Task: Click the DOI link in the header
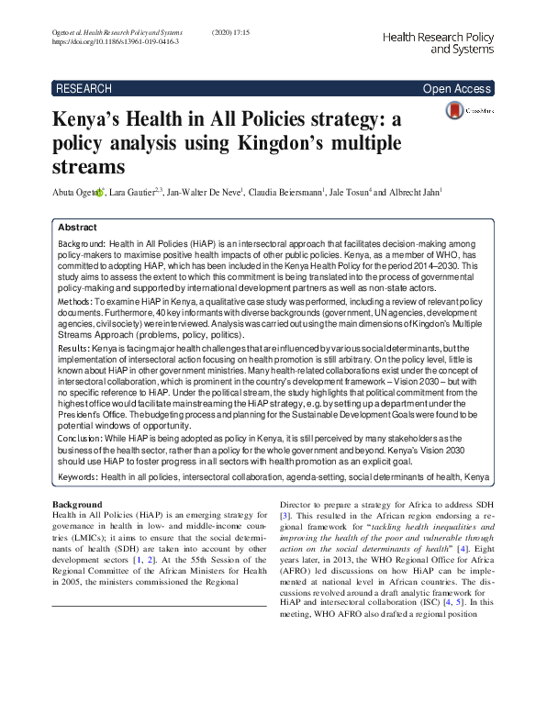click(x=115, y=42)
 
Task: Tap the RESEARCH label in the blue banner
click(x=84, y=89)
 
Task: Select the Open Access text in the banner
click(x=456, y=89)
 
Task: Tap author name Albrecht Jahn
click(x=412, y=193)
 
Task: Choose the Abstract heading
click(x=77, y=227)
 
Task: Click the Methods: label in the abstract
click(x=74, y=301)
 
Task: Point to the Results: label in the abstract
click(x=73, y=351)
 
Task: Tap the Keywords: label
click(x=78, y=478)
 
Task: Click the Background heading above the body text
click(x=78, y=504)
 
